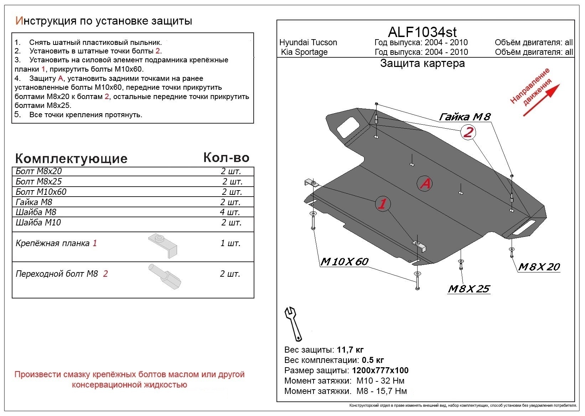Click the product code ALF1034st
[x=422, y=32]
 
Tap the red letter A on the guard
[x=425, y=183]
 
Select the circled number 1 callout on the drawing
[x=383, y=204]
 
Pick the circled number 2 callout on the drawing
[x=468, y=132]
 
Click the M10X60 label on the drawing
[x=344, y=262]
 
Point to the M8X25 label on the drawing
[x=469, y=288]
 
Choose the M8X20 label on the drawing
[x=539, y=267]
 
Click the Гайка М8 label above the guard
[x=465, y=116]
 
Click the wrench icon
[x=293, y=323]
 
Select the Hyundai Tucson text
[x=308, y=42]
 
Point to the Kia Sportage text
[x=304, y=52]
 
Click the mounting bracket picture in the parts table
[x=163, y=245]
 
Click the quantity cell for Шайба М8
[x=230, y=212]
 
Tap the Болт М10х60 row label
[x=41, y=192]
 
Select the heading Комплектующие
[x=71, y=158]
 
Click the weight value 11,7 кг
[x=350, y=350]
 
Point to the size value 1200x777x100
[x=380, y=370]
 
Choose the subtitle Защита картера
[x=422, y=63]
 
